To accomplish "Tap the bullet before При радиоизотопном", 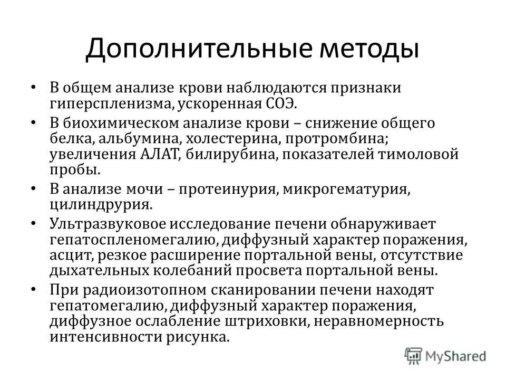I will click(33, 290).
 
